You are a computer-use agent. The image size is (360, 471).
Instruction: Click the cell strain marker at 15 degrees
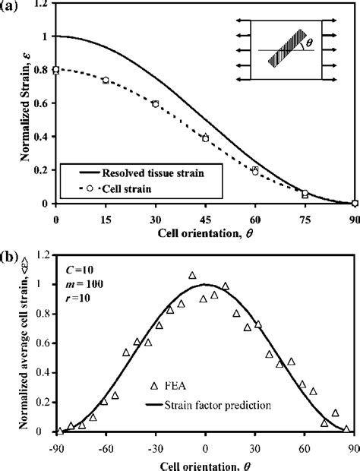[x=106, y=80]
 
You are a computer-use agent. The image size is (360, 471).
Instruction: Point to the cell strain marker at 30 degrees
[x=155, y=103]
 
